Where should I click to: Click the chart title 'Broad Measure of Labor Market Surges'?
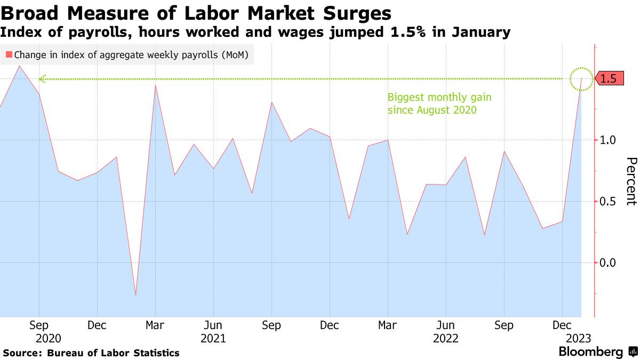(196, 13)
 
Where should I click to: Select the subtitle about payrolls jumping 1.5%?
(255, 33)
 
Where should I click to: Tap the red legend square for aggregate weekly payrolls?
(9, 54)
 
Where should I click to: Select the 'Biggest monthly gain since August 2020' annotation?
(439, 104)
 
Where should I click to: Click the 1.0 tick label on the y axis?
(608, 140)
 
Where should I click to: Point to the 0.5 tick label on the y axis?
(608, 202)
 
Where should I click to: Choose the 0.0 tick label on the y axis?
(608, 263)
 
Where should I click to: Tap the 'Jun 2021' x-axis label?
(213, 331)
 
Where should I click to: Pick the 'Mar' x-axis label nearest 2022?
(388, 325)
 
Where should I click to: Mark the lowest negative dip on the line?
(135, 295)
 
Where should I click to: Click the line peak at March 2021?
(155, 85)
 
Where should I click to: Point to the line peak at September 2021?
(271, 102)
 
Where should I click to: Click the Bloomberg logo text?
(590, 352)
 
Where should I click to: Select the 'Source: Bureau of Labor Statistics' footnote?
(91, 353)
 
